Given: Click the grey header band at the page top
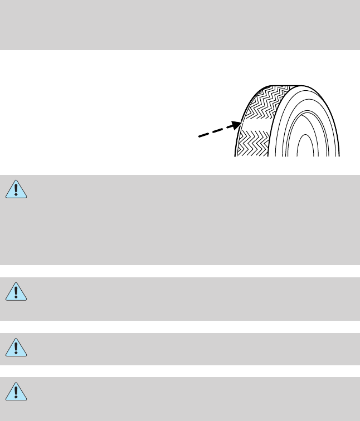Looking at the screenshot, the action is click(x=180, y=25).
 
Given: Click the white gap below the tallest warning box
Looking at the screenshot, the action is click(x=180, y=271).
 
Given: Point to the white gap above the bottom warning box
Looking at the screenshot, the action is click(x=180, y=371).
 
